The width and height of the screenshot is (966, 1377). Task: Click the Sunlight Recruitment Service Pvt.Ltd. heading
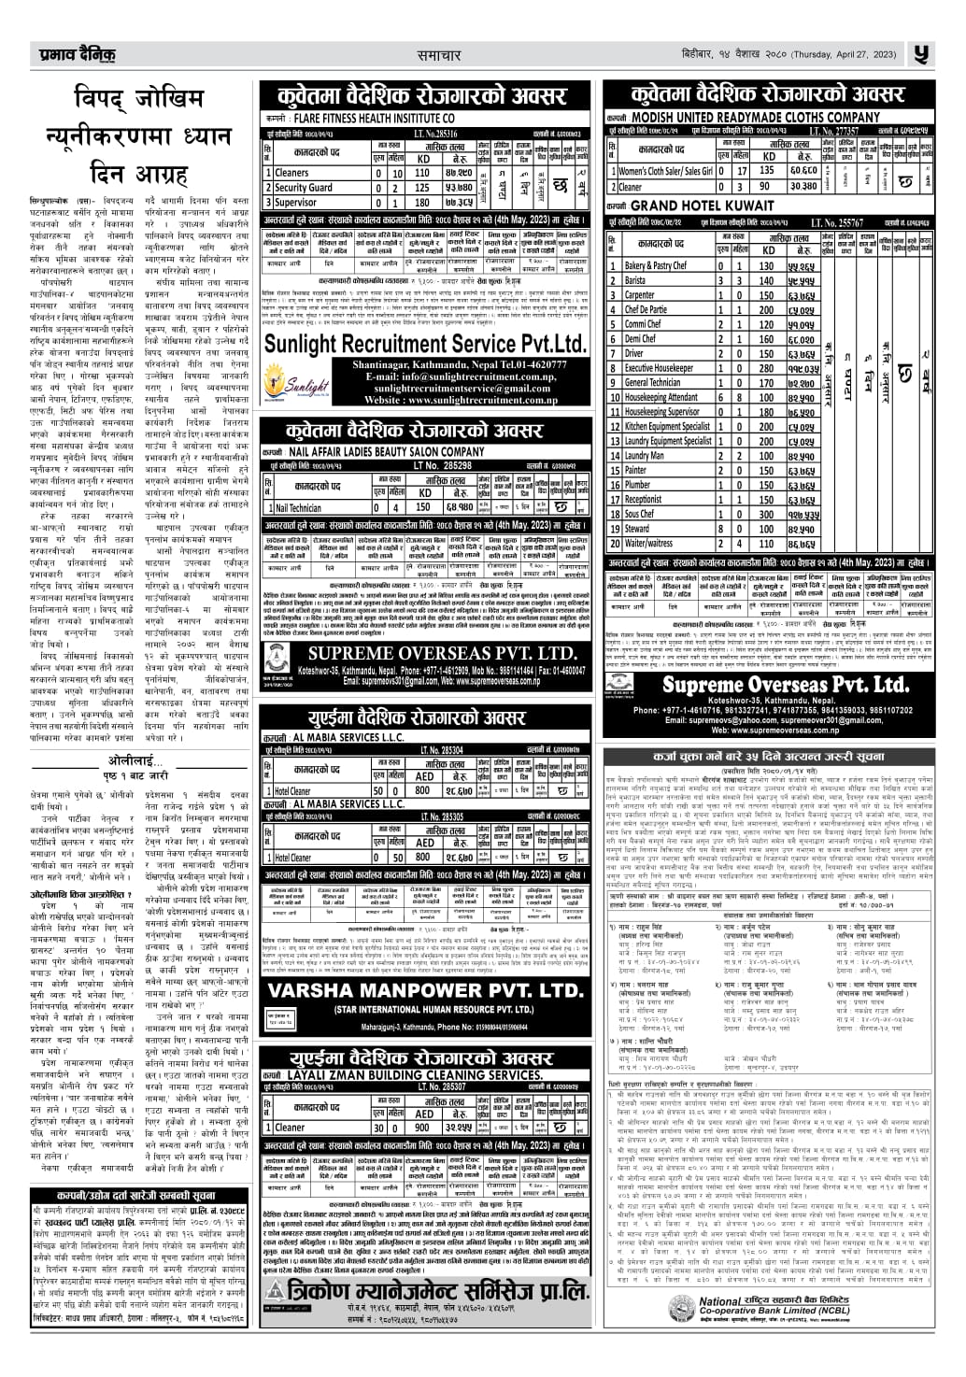425,343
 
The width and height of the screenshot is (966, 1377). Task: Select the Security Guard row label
304,187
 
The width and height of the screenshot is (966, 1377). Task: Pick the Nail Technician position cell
298,508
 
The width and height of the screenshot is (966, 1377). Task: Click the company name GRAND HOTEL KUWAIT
690,206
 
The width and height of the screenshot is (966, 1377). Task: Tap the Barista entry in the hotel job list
635,280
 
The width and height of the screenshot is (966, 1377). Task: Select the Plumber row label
638,485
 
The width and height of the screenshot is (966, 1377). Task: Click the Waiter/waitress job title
648,543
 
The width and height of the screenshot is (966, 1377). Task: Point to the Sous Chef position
640,514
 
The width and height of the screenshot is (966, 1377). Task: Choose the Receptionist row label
644,499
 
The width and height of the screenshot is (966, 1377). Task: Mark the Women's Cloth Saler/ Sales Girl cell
665,171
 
